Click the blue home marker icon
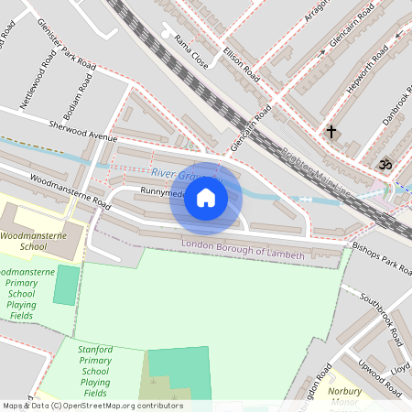206,198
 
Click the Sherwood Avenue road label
83,130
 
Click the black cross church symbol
331,132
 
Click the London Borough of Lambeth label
243,250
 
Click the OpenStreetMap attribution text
92,406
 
